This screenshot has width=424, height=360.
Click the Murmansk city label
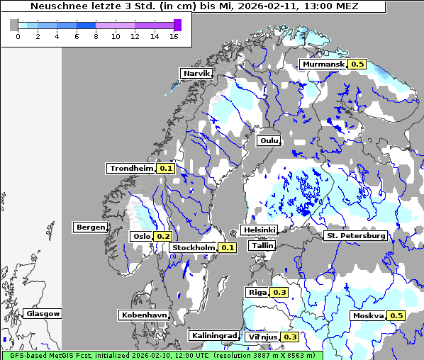(323, 64)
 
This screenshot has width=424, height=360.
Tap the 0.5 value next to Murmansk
(357, 64)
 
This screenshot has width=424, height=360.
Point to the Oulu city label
(269, 140)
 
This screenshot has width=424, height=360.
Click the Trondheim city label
(131, 168)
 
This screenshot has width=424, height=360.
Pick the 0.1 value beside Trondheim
(165, 168)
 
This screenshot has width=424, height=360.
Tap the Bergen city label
(90, 227)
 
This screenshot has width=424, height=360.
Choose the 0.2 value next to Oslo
(163, 236)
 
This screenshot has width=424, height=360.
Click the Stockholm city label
(193, 247)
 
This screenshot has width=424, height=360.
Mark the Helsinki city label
(258, 230)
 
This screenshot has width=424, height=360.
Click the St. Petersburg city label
(355, 235)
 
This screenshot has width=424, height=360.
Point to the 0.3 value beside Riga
(279, 292)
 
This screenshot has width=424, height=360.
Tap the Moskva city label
(368, 315)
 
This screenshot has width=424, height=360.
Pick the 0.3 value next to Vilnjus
(290, 337)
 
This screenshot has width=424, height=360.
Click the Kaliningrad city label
(213, 335)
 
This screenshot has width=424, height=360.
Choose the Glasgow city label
(43, 313)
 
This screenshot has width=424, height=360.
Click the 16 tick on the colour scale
(174, 37)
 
